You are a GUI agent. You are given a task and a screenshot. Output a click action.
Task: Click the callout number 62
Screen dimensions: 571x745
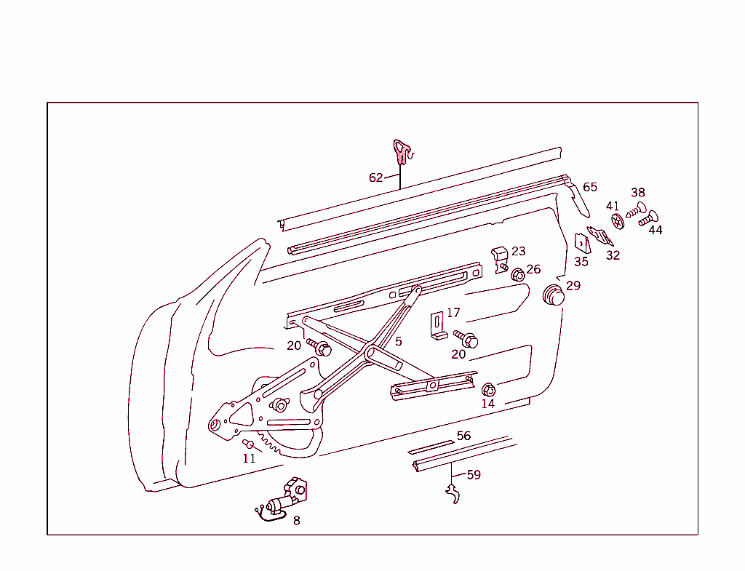tap(375, 177)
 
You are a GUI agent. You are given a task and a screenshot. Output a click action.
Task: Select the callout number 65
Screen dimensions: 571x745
tap(589, 187)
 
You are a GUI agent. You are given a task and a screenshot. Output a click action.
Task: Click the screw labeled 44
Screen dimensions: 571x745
tap(648, 217)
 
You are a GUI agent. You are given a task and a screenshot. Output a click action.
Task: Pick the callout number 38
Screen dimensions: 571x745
tap(637, 193)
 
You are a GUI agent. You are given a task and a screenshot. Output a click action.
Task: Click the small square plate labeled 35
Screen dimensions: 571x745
tap(581, 244)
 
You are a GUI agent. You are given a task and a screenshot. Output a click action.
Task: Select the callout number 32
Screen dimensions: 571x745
tap(613, 255)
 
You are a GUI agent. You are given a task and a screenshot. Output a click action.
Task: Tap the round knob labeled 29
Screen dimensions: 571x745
tap(554, 295)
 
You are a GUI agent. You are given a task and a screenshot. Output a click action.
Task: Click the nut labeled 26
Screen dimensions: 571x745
tap(518, 275)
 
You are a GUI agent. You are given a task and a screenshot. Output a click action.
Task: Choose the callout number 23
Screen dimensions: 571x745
tap(518, 251)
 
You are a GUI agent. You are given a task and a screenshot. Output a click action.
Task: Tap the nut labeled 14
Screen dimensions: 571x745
tap(488, 390)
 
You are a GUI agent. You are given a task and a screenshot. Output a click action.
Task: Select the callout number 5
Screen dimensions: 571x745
tap(398, 340)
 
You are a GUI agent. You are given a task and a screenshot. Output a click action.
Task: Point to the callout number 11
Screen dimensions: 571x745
tap(249, 458)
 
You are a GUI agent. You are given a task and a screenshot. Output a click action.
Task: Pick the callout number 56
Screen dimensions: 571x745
tap(463, 436)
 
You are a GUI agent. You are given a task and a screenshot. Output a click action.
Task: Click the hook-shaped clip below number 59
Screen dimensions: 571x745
tap(454, 495)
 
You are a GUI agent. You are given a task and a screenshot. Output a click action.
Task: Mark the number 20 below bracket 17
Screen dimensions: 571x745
tap(458, 354)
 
